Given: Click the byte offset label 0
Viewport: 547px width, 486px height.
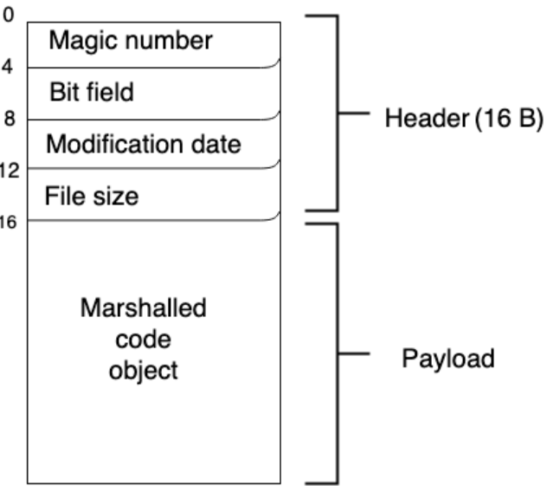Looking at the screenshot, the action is coord(8,16).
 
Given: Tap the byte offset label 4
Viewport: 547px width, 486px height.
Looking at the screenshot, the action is coord(7,67).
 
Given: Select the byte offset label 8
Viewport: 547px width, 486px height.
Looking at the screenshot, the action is coord(10,119).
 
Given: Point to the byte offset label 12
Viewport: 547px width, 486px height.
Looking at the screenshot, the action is coord(10,171).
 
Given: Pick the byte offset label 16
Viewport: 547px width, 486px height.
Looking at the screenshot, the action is coord(8,222).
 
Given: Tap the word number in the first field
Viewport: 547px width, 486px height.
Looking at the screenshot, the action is coord(169,41).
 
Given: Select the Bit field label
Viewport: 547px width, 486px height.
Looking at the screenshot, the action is coord(92,92).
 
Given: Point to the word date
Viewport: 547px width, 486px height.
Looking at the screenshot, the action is coord(216,144).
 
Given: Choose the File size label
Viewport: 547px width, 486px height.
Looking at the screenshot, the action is coord(92,196).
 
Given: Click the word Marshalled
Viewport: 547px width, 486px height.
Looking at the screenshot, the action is coord(144,308).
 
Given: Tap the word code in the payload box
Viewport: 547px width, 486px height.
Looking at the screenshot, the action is coord(144,339).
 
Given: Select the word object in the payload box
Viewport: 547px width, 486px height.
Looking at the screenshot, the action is coord(144,371).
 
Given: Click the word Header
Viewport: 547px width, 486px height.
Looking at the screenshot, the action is coord(428,118).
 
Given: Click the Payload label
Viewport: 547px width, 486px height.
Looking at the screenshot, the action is coord(448,359).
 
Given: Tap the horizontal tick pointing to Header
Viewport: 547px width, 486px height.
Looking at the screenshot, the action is coord(354,113).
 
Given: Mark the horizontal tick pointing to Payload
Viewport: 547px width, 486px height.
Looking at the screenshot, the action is coord(354,353).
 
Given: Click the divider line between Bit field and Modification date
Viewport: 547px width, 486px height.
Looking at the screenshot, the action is coord(154,120).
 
